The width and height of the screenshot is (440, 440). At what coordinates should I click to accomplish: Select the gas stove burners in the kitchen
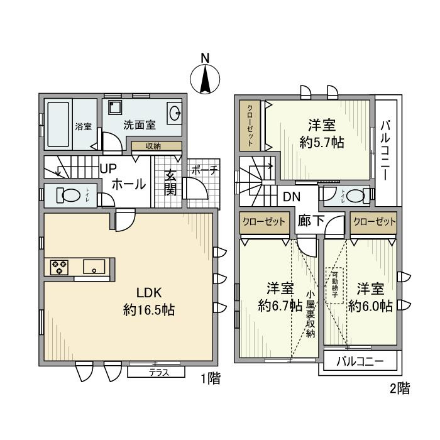click(x=60, y=267)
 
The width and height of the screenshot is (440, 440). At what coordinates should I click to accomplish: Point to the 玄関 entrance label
click(x=170, y=183)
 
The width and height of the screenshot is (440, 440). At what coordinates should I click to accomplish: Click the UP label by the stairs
click(x=107, y=168)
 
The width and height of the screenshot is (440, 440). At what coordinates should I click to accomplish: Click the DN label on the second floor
click(x=290, y=197)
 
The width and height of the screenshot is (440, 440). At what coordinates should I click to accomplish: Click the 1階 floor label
click(x=210, y=380)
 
